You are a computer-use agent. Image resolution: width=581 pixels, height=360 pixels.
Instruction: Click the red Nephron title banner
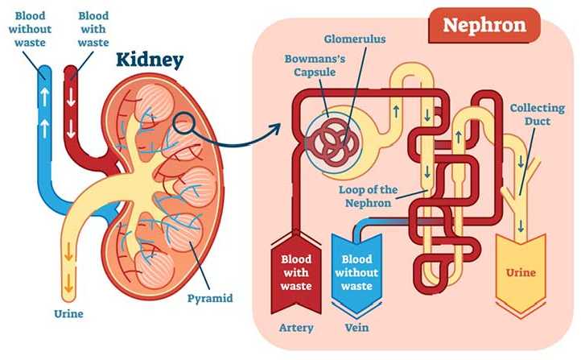click(x=485, y=24)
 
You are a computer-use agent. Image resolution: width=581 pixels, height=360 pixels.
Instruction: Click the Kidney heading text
click(x=150, y=59)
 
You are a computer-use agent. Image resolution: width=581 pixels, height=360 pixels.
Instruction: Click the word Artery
click(x=295, y=328)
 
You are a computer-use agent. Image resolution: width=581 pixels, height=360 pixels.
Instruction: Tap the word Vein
click(x=356, y=328)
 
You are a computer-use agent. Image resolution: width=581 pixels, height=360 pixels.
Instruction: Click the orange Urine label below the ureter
click(x=68, y=312)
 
